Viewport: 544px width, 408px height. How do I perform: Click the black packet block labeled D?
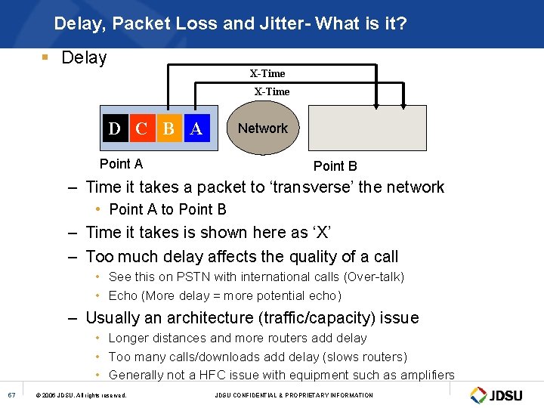click(115, 128)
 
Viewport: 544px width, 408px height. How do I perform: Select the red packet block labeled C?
click(141, 128)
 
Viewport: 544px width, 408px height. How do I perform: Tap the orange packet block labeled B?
click(168, 128)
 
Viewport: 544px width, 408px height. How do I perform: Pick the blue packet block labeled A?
click(196, 128)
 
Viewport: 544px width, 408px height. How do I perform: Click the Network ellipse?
click(262, 128)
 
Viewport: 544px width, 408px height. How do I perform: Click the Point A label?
click(121, 164)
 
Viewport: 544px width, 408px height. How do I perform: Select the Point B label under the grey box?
click(335, 166)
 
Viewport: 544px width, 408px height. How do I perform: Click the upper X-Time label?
click(267, 73)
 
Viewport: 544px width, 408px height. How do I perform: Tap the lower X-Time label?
click(272, 91)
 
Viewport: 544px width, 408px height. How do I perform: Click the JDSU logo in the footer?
click(498, 394)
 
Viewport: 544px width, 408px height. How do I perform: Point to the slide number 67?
click(11, 394)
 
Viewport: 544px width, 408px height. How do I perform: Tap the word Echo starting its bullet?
click(123, 295)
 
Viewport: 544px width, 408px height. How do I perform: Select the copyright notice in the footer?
click(82, 395)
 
